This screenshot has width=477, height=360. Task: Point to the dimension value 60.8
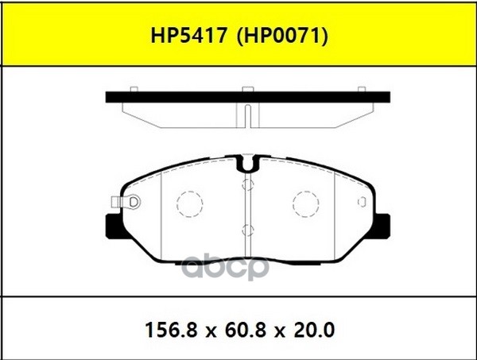tap(238, 328)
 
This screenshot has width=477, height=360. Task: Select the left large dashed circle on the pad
tap(189, 203)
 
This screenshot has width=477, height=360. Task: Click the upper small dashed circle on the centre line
tap(247, 184)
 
